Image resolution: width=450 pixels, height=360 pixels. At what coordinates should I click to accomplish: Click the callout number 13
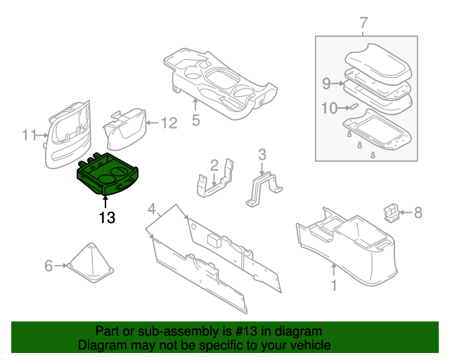[106, 218]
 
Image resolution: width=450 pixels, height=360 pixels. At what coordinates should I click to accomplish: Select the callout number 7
[364, 23]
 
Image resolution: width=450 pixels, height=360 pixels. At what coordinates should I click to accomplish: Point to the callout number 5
[195, 120]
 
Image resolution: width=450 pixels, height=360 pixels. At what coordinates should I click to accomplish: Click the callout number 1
[334, 285]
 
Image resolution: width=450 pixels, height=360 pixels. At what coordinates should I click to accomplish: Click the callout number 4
[151, 209]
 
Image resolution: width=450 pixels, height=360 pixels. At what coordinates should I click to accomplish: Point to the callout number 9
[326, 84]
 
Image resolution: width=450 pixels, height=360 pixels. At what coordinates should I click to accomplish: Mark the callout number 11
[28, 134]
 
